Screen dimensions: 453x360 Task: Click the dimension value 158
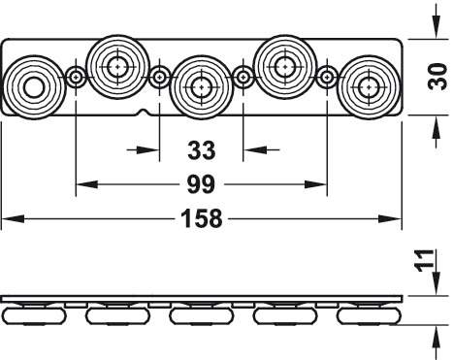[202, 219]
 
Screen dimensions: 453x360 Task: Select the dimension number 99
[201, 184]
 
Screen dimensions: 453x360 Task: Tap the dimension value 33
[201, 150]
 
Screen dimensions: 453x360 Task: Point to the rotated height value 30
[437, 77]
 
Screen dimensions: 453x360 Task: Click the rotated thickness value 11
[424, 261]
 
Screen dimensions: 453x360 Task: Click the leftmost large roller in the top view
[34, 88]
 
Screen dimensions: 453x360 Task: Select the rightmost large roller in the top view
[370, 87]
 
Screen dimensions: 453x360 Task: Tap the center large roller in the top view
[202, 87]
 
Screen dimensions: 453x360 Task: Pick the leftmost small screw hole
[76, 78]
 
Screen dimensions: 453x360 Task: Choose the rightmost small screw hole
[327, 78]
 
